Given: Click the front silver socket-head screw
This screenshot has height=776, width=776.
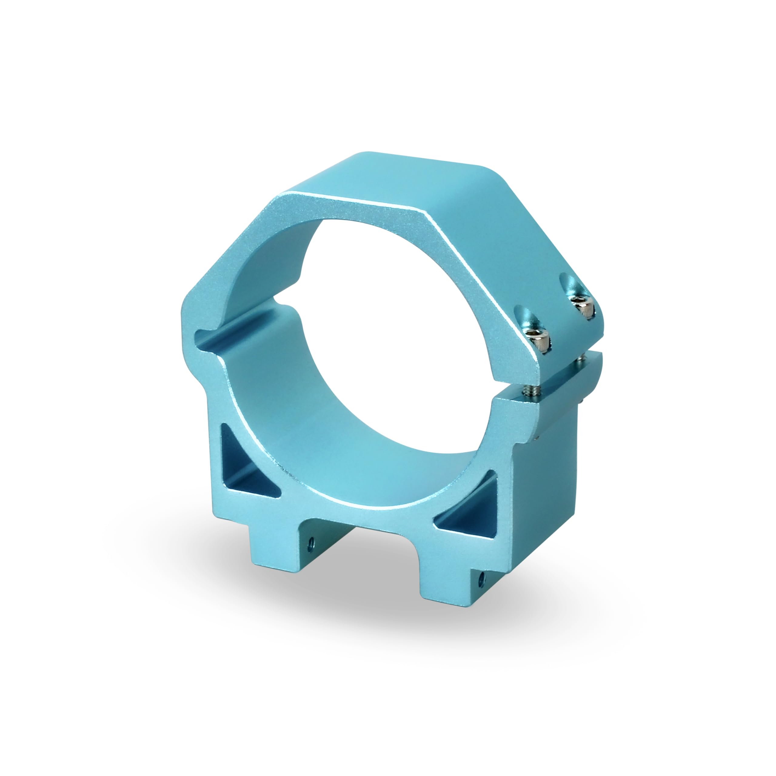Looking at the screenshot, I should click(540, 340).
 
